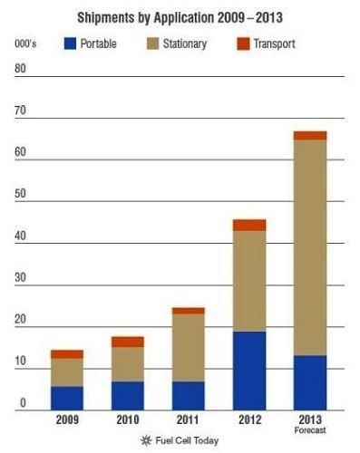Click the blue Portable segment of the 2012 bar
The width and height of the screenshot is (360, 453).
click(x=249, y=371)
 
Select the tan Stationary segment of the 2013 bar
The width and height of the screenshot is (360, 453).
click(x=310, y=247)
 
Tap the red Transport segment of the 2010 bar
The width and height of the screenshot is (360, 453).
click(x=128, y=342)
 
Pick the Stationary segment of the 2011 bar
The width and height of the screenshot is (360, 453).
click(x=189, y=348)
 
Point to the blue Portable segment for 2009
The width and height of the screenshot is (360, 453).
click(x=67, y=399)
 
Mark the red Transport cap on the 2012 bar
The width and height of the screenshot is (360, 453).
click(x=249, y=226)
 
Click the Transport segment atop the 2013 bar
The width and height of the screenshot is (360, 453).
click(x=310, y=136)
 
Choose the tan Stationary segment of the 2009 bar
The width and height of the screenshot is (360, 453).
click(x=67, y=372)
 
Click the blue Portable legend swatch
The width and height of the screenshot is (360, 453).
click(x=70, y=43)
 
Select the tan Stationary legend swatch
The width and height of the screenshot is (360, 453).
click(x=152, y=43)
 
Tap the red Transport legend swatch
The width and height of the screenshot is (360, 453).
click(x=243, y=43)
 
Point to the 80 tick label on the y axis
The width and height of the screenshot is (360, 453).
click(x=20, y=69)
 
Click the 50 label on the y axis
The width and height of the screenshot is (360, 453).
click(x=20, y=194)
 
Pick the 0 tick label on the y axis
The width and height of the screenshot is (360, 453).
click(x=23, y=403)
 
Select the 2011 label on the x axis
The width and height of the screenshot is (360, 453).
click(x=188, y=419)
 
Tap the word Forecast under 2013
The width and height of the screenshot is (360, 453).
click(x=310, y=430)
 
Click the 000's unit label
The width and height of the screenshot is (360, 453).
click(x=25, y=43)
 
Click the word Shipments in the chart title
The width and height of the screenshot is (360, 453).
click(x=106, y=17)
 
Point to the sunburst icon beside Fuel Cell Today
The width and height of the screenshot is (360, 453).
click(x=146, y=440)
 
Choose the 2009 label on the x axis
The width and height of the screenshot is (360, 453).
click(x=67, y=419)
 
